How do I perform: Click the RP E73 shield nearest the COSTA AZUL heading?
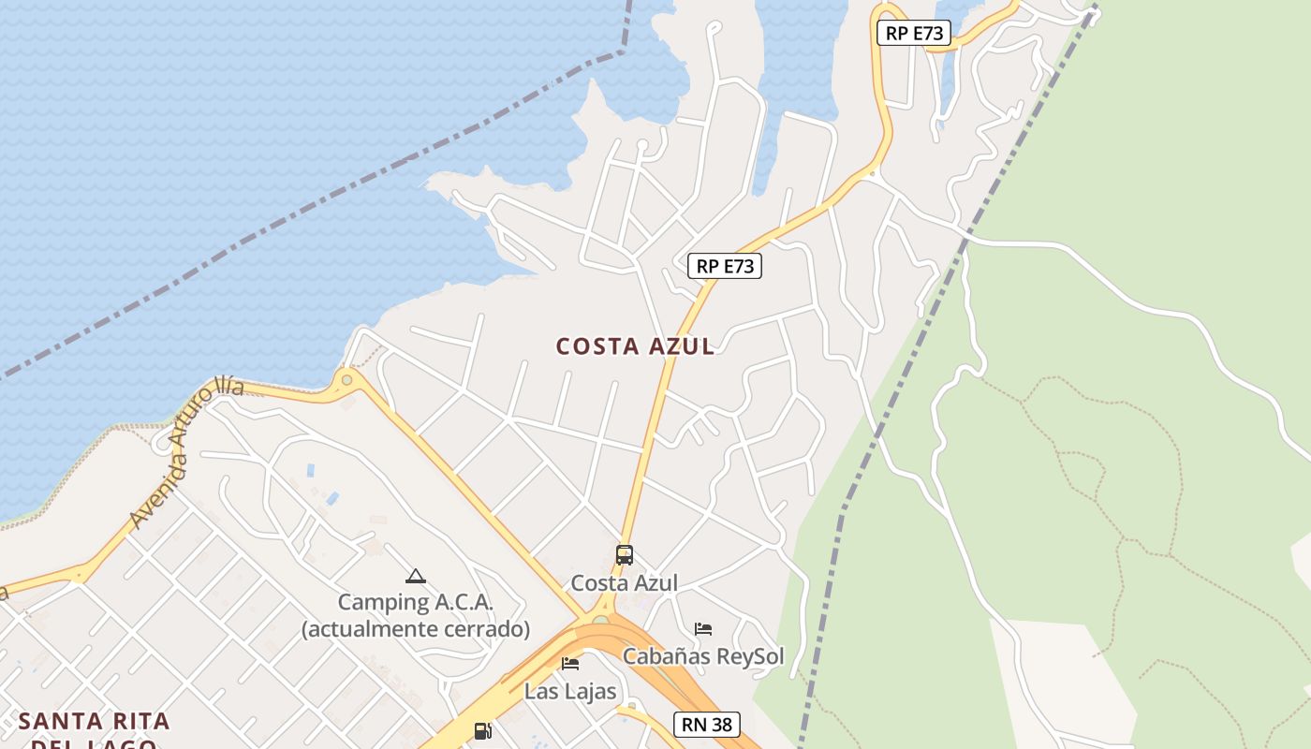tap(725, 266)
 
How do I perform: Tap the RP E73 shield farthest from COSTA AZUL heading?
tap(914, 34)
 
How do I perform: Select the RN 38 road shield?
tap(707, 724)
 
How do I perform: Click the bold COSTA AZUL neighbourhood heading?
tap(636, 346)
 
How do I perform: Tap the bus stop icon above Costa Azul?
tap(625, 554)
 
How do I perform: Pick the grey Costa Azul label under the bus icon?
tap(625, 582)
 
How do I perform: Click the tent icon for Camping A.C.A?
tap(416, 576)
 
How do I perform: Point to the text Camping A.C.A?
tap(416, 602)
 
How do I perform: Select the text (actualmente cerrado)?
tap(416, 628)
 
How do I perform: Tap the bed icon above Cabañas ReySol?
tap(703, 628)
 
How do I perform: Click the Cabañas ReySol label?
tap(703, 655)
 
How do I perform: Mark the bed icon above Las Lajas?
tap(570, 664)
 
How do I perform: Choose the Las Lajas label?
tap(570, 691)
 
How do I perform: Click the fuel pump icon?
tap(483, 730)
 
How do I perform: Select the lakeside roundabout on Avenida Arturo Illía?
tap(347, 380)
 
